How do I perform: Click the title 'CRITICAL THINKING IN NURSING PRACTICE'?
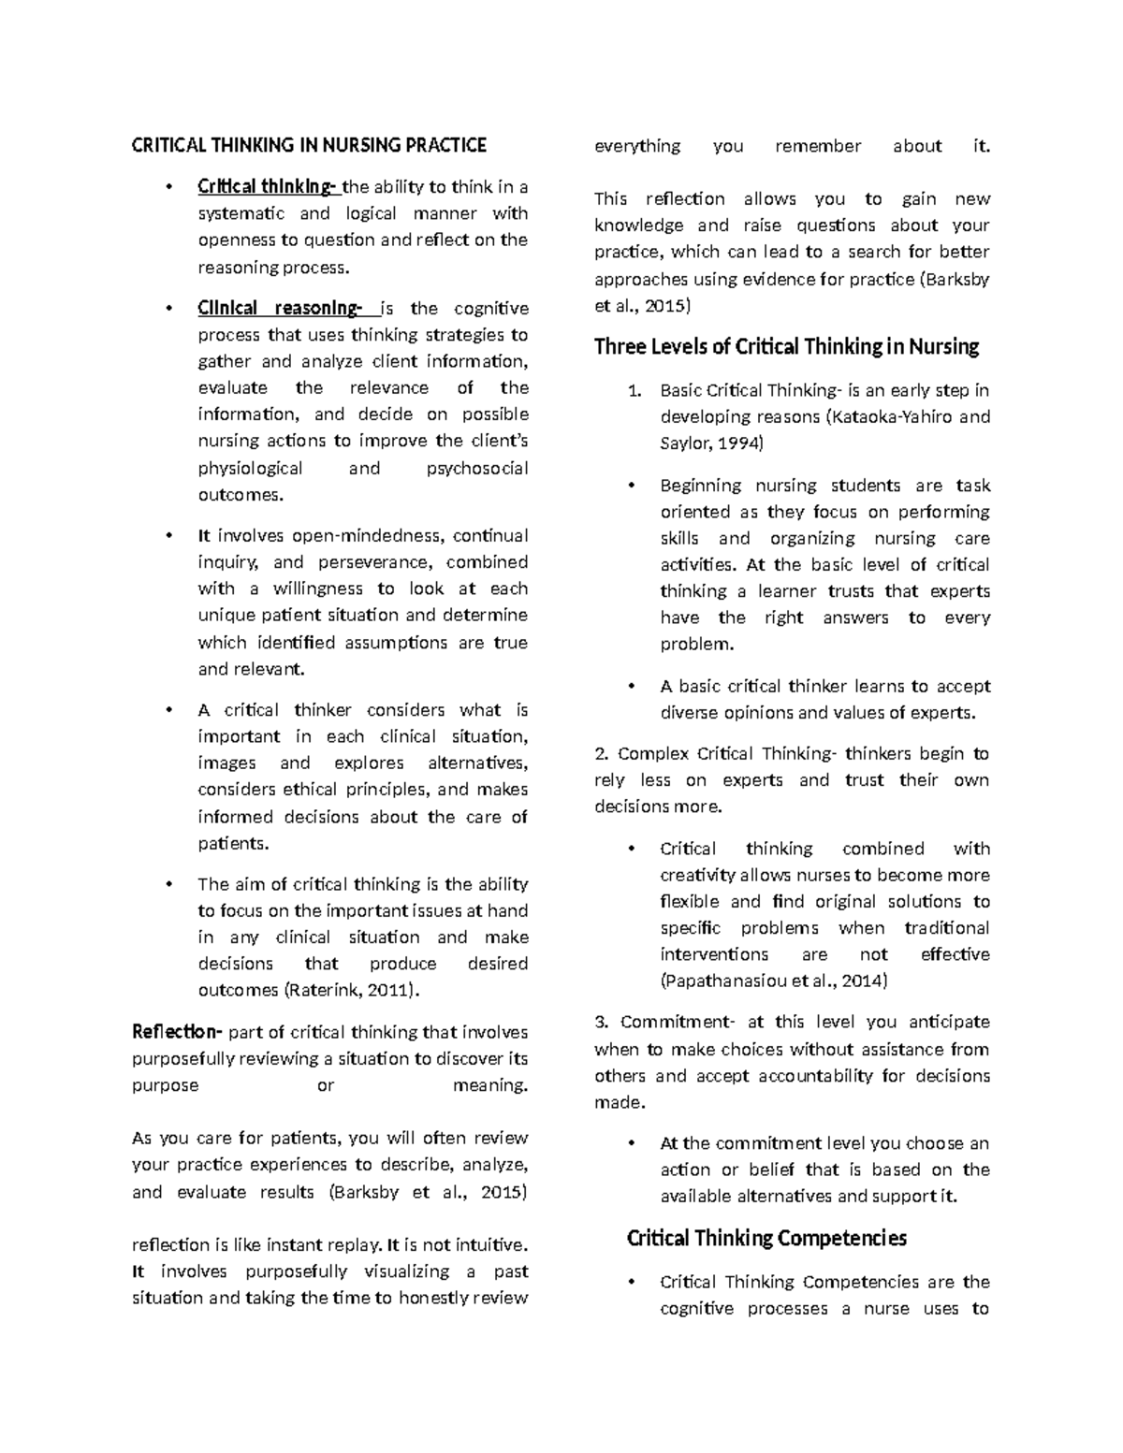click(x=309, y=145)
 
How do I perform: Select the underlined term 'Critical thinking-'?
click(x=266, y=186)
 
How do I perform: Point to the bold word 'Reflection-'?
click(x=177, y=1032)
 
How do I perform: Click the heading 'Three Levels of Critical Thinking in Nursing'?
click(x=786, y=347)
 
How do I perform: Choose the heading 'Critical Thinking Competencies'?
click(x=766, y=1239)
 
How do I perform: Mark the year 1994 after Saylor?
click(x=737, y=443)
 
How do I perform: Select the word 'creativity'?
click(x=697, y=876)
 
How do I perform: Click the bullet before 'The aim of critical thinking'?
click(x=168, y=884)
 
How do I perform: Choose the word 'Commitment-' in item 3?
click(x=664, y=1023)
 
